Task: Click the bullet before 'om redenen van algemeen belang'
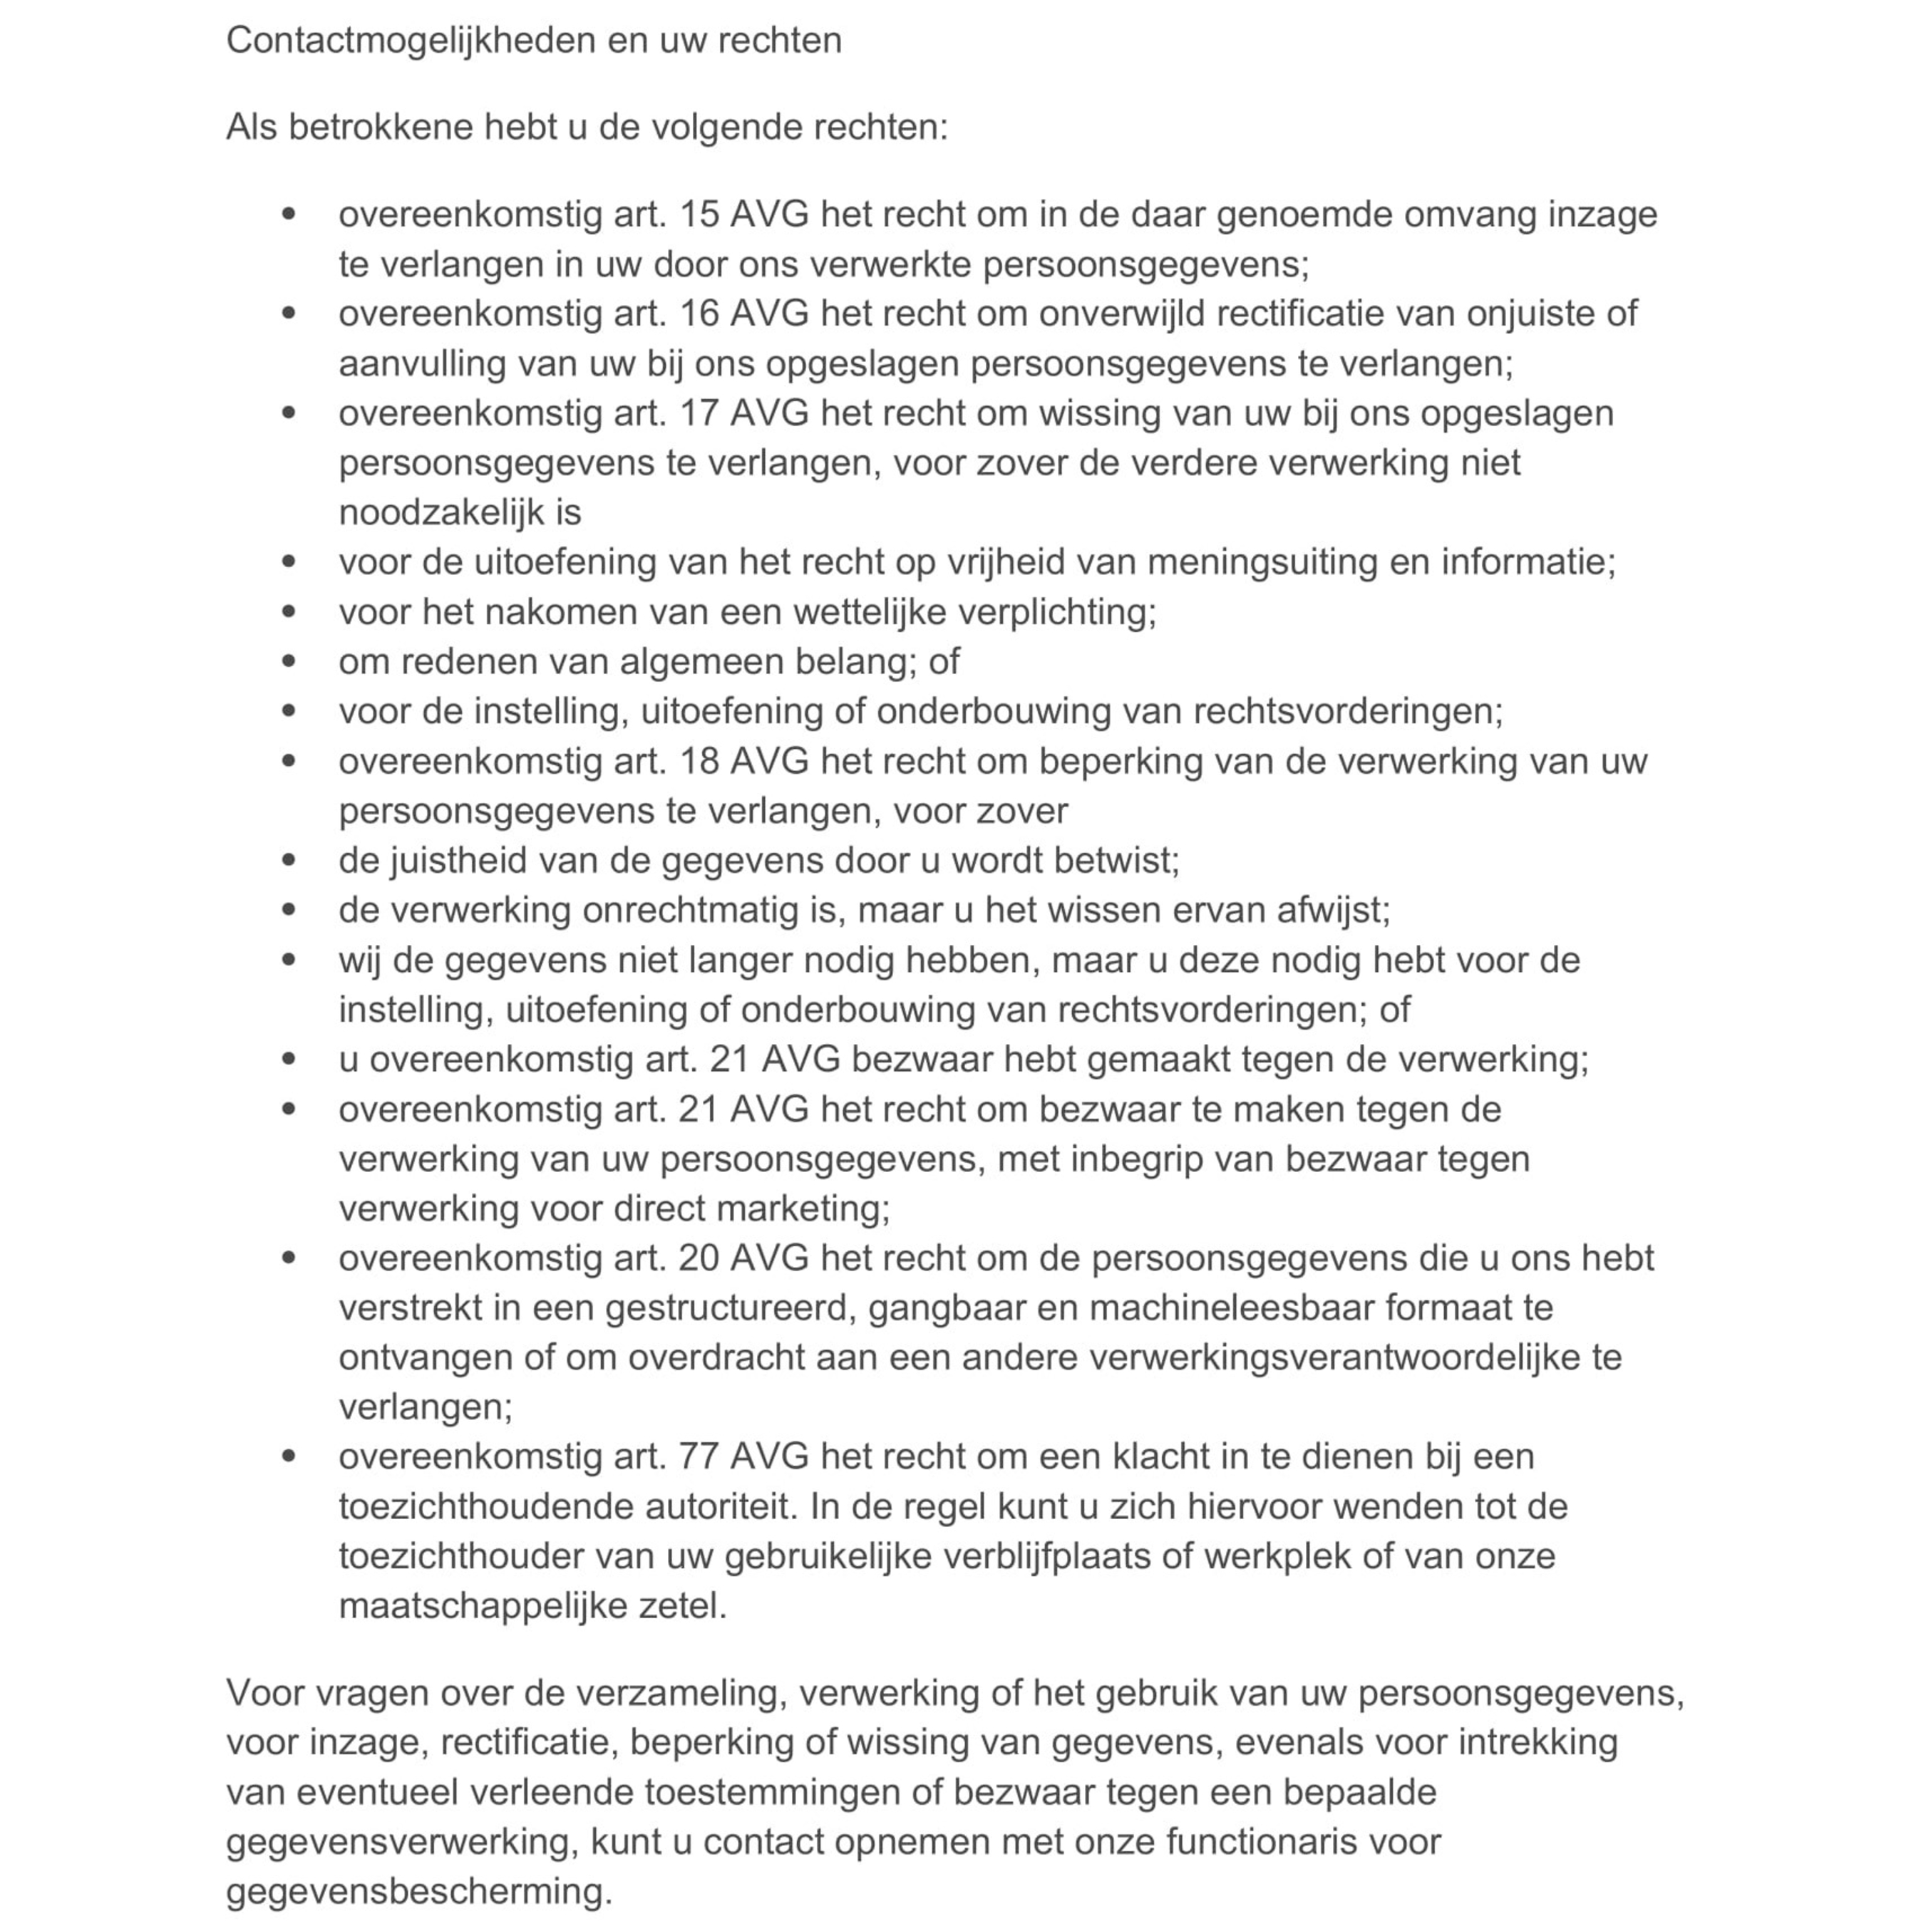coord(289,661)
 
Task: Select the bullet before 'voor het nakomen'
coord(289,611)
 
